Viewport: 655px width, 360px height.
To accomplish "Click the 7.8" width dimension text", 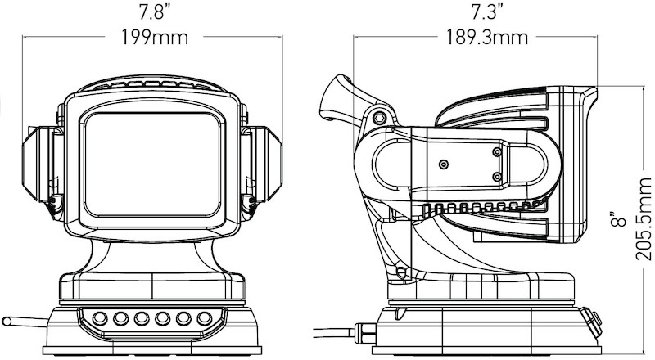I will click(153, 13).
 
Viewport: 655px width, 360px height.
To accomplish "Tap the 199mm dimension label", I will click(153, 38).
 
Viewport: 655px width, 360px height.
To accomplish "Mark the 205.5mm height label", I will click(644, 221).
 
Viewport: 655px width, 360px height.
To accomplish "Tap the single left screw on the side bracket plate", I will click(444, 164).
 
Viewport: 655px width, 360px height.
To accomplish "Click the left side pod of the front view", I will click(41, 168).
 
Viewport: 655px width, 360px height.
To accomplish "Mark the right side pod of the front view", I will click(266, 168).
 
